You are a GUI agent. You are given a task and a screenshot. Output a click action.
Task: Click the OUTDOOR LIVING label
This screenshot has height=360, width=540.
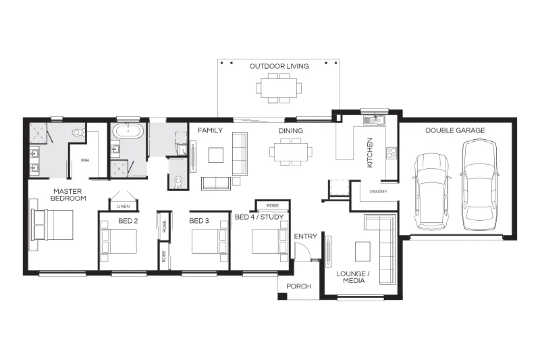pyautogui.click(x=279, y=66)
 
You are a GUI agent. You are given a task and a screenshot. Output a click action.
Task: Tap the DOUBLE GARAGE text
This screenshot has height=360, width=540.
pyautogui.click(x=455, y=130)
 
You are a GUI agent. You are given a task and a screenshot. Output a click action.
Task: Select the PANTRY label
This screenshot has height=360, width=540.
pyautogui.click(x=378, y=192)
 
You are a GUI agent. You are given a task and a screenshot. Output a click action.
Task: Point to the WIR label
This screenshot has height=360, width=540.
pyautogui.click(x=85, y=160)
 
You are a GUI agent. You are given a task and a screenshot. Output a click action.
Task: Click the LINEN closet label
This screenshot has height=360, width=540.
pyautogui.click(x=124, y=207)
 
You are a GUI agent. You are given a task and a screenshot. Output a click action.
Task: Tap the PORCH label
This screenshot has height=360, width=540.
pyautogui.click(x=298, y=286)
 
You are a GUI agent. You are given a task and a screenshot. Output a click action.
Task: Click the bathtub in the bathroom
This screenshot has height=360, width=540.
pyautogui.click(x=128, y=131)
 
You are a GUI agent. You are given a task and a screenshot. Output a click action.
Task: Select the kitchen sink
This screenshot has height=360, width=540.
pyautogui.click(x=375, y=120)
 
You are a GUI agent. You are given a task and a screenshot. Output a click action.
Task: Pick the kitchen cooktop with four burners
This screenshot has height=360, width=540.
pyautogui.click(x=391, y=153)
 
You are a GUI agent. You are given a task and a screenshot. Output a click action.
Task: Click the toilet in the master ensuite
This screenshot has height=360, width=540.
pyautogui.click(x=78, y=132)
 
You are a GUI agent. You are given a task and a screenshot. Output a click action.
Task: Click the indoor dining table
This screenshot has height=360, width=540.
pyautogui.click(x=291, y=152)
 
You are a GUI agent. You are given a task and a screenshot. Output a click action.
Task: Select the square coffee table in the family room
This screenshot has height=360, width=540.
pyautogui.click(x=215, y=155)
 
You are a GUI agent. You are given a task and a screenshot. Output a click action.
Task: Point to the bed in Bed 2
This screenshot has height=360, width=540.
pyautogui.click(x=119, y=241)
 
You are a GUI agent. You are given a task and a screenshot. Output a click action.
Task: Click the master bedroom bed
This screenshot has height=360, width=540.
pyautogui.click(x=53, y=225)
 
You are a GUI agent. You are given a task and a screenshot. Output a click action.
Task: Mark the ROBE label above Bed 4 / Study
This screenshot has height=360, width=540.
pyautogui.click(x=273, y=205)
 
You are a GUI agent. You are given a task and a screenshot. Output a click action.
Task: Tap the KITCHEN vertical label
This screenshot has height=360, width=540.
pyautogui.click(x=370, y=153)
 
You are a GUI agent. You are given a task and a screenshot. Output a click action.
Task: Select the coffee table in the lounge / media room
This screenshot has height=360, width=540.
pyautogui.click(x=363, y=251)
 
